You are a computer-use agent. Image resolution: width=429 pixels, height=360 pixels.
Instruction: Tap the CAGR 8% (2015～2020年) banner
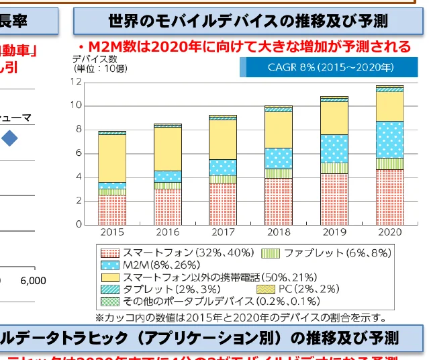(321, 67)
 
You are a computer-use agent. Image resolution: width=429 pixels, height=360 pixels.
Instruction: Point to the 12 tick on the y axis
(78, 82)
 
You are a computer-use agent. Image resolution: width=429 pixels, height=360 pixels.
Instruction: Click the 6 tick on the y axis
(79, 153)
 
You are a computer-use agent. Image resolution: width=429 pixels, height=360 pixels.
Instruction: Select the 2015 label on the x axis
(111, 232)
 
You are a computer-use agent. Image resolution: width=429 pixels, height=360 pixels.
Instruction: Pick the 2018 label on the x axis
(278, 232)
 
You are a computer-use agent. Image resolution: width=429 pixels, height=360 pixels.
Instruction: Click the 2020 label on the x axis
(389, 232)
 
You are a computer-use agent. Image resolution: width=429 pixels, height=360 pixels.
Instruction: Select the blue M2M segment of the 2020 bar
(389, 139)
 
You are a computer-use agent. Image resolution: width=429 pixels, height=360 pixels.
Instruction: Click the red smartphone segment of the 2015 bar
(111, 210)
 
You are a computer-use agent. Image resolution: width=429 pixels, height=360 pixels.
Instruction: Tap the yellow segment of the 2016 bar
(167, 148)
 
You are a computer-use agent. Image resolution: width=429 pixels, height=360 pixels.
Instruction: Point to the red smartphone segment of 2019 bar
(334, 199)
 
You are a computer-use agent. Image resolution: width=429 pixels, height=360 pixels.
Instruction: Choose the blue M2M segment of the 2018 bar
(278, 158)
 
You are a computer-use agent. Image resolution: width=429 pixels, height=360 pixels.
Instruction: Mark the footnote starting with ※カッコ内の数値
(240, 316)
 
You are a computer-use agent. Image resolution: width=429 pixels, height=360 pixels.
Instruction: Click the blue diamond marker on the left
(9, 138)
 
